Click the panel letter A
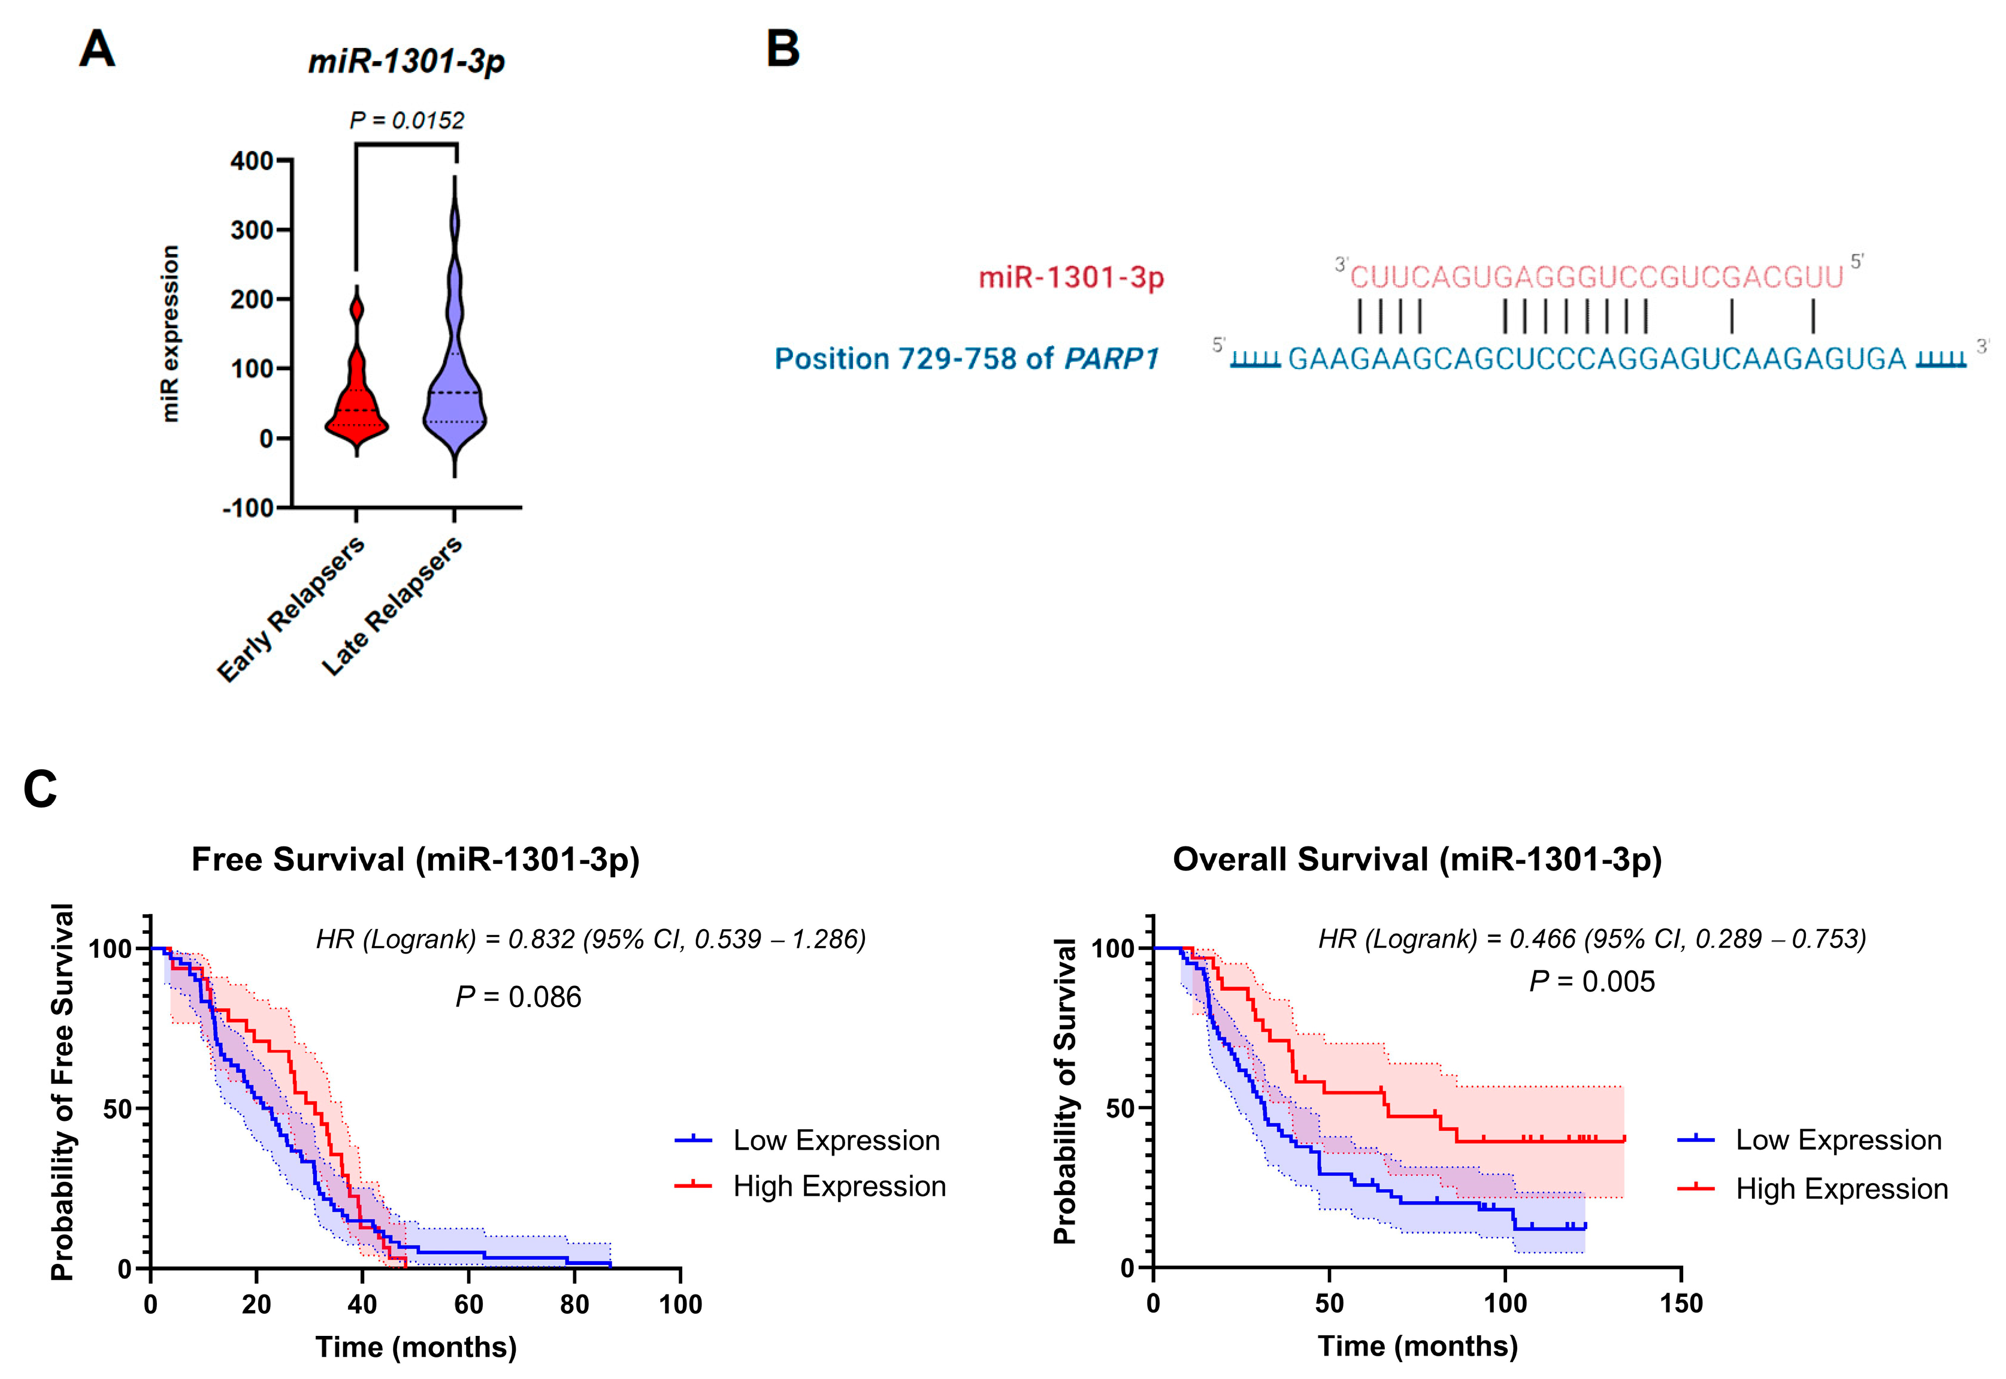coord(97,49)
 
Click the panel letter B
coord(783,49)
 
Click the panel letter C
coord(40,789)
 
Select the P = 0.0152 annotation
coord(406,120)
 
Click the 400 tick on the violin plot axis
coord(252,161)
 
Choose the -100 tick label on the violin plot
coord(248,508)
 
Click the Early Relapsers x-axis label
coord(291,609)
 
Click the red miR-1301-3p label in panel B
coord(1071,277)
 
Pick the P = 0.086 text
coord(518,997)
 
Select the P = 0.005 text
coord(1592,982)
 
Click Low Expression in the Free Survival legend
coord(836,1141)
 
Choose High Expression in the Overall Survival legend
coord(1841,1189)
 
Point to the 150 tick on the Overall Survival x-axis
coord(1680,1303)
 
